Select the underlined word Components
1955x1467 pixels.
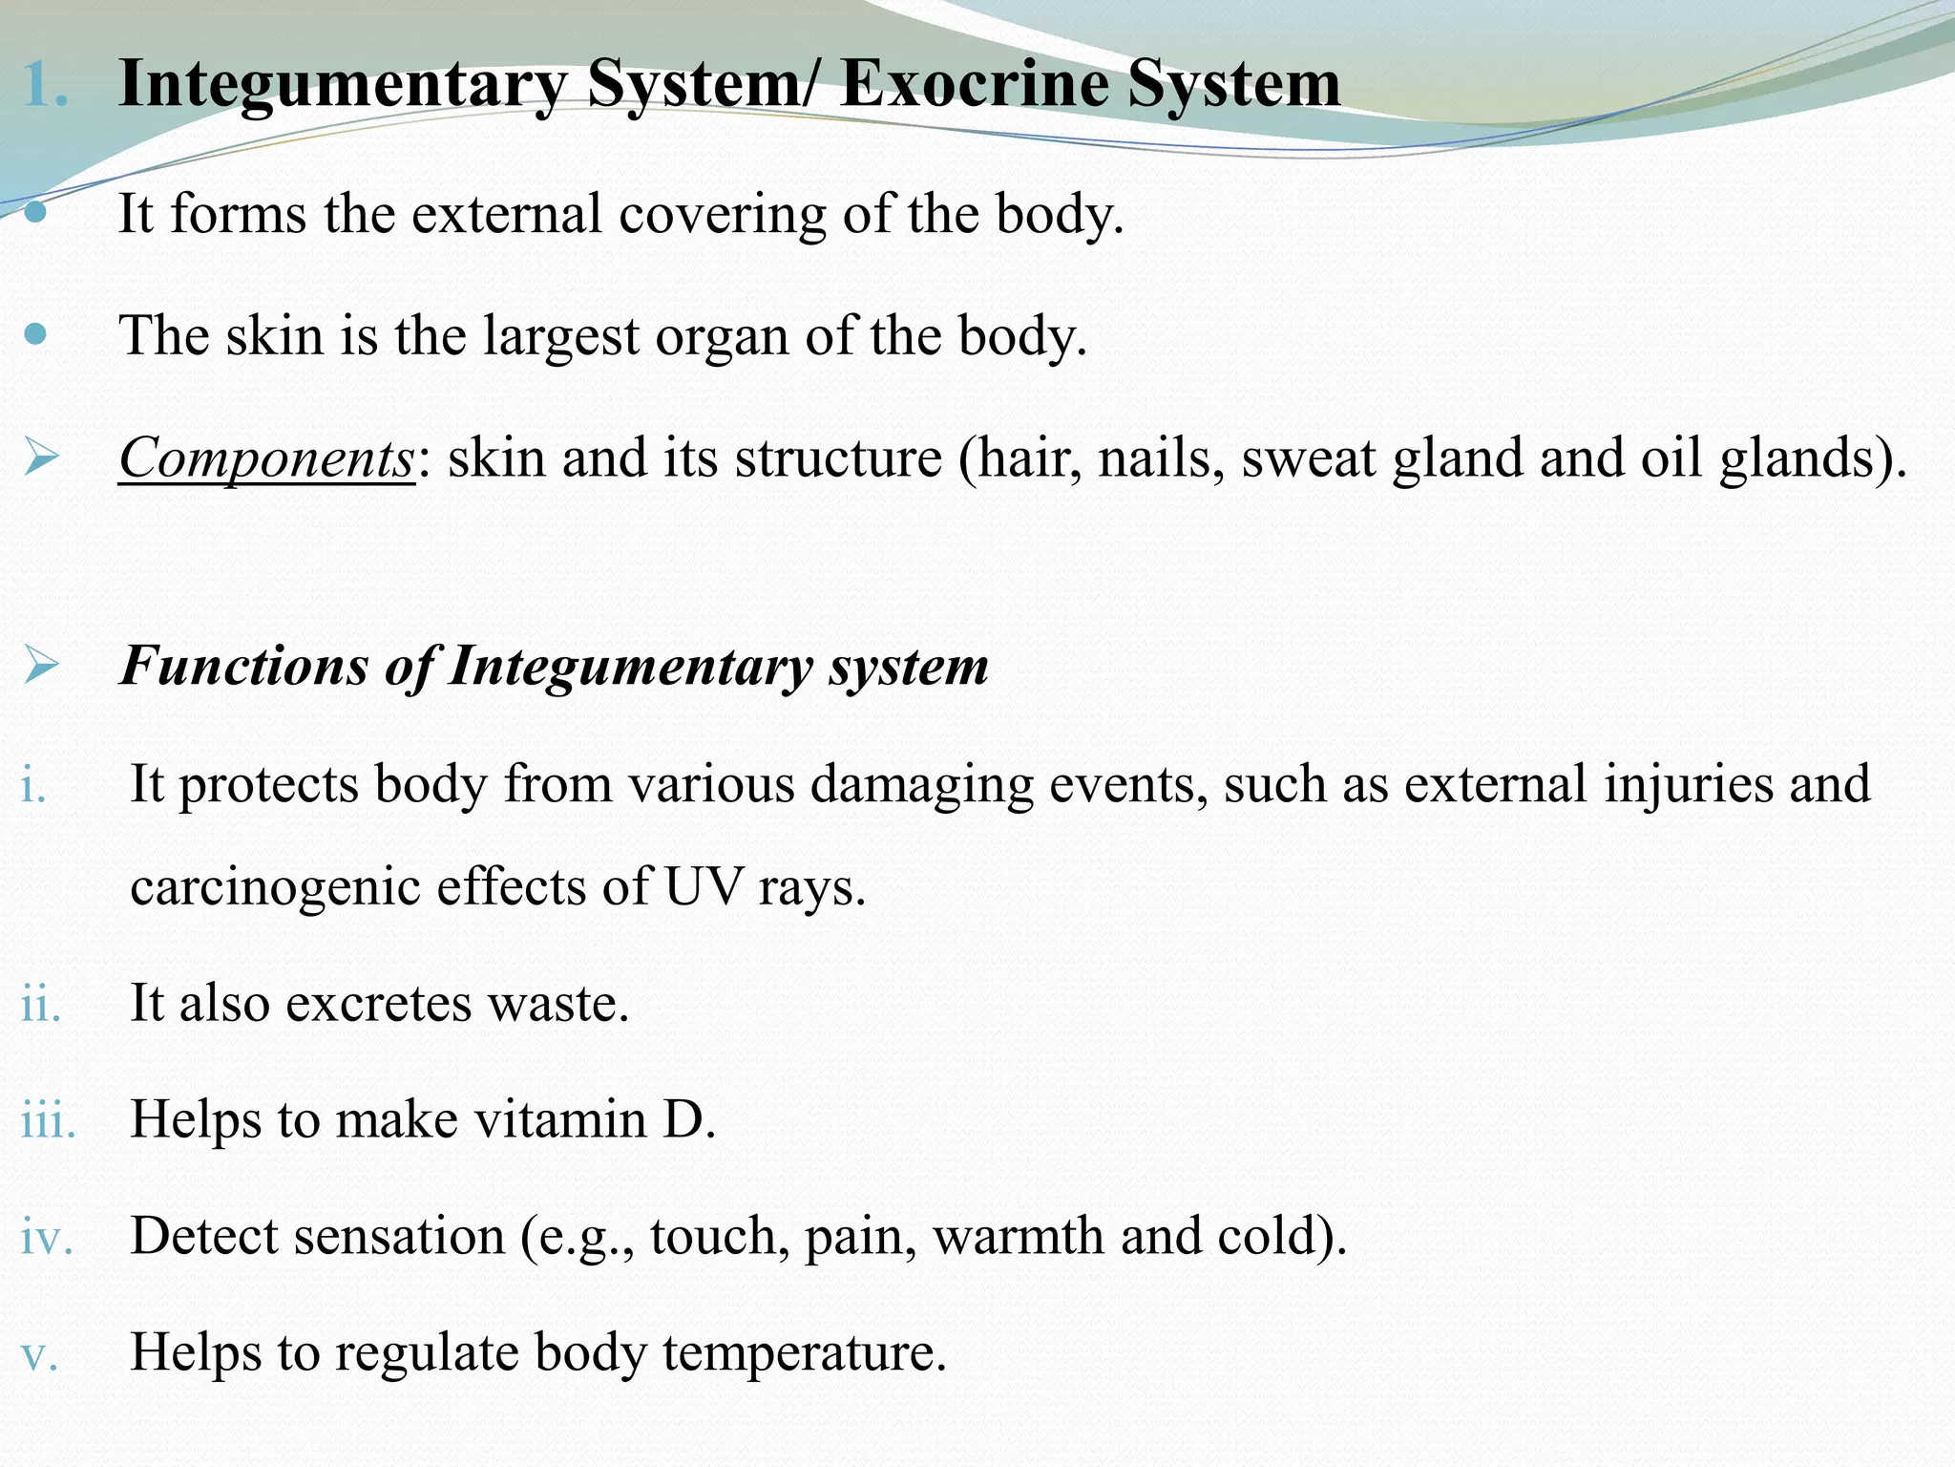coord(266,458)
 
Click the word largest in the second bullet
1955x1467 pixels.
coord(560,337)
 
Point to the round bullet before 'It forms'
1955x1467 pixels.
coord(35,212)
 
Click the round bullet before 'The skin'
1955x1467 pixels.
coord(35,334)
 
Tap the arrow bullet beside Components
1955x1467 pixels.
coord(41,457)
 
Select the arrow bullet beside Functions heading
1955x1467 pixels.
coord(41,665)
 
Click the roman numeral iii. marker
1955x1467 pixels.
coord(48,1120)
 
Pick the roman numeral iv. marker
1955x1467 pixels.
coord(47,1237)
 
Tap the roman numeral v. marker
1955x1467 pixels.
coord(39,1354)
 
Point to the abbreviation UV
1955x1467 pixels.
coord(702,886)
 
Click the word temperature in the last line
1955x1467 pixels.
coord(805,1353)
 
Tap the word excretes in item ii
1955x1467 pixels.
coord(378,1004)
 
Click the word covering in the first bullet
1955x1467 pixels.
coord(722,214)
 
